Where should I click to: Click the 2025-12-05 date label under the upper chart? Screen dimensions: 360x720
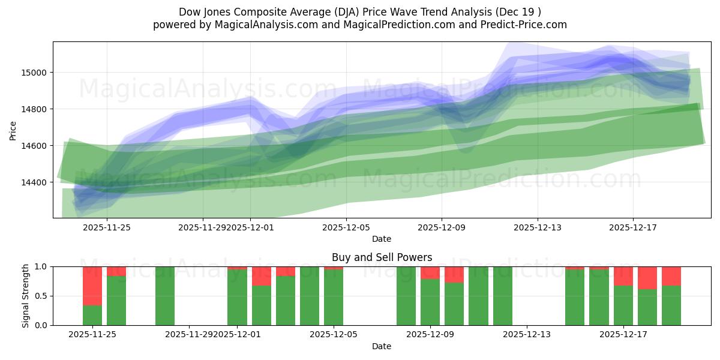coord(346,227)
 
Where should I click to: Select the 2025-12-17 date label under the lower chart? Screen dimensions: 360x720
coord(623,335)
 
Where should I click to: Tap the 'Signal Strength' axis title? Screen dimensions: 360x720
coord(25,296)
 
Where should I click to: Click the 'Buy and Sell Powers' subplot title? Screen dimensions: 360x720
coord(382,257)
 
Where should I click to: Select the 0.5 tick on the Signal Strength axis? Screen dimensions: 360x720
coord(41,296)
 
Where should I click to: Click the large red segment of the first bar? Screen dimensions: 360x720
coord(92,286)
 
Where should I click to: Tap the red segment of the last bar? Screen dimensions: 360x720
coord(671,275)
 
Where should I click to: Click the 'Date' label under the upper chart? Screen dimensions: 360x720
coord(382,239)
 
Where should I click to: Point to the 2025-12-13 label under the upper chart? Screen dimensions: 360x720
coord(538,227)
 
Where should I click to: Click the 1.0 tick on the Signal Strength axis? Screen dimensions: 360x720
coord(41,266)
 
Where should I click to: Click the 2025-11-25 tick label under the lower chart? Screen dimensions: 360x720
coord(92,335)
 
